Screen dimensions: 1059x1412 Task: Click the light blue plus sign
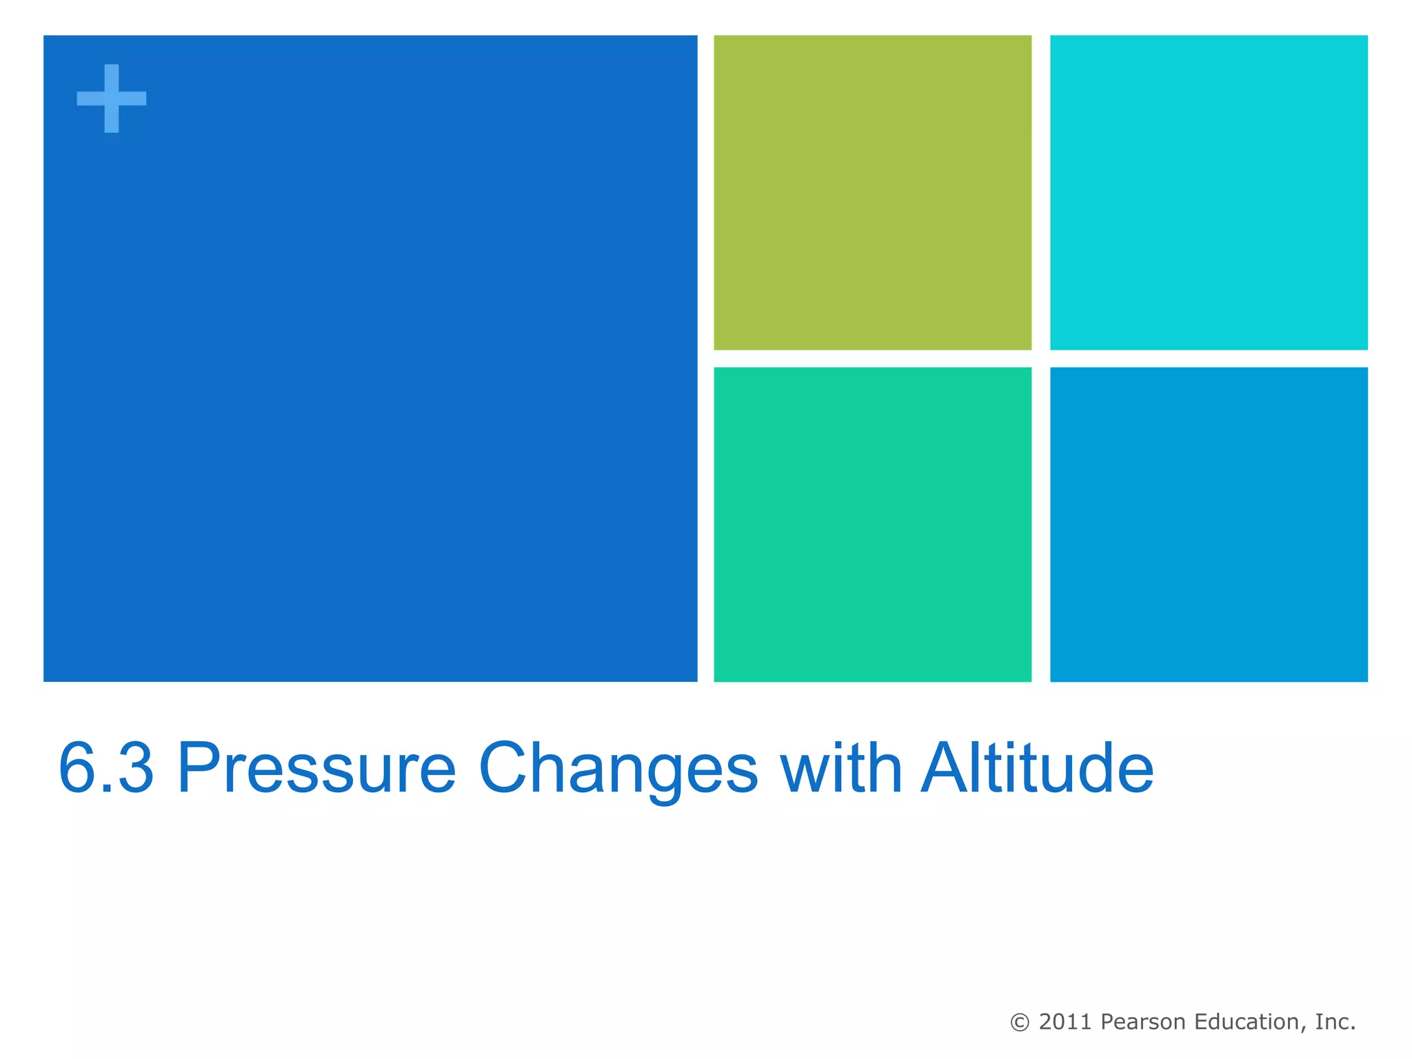[x=111, y=99]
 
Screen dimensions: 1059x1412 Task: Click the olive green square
[x=872, y=192]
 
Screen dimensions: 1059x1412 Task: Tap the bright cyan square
[x=1208, y=192]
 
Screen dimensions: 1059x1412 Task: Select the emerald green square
[x=872, y=524]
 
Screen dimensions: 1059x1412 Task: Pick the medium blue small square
[x=1208, y=524]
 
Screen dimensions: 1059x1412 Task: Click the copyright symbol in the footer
[x=1019, y=1022]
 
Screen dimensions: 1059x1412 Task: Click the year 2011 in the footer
[x=1065, y=1022]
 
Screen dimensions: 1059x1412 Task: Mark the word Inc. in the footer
[x=1335, y=1022]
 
